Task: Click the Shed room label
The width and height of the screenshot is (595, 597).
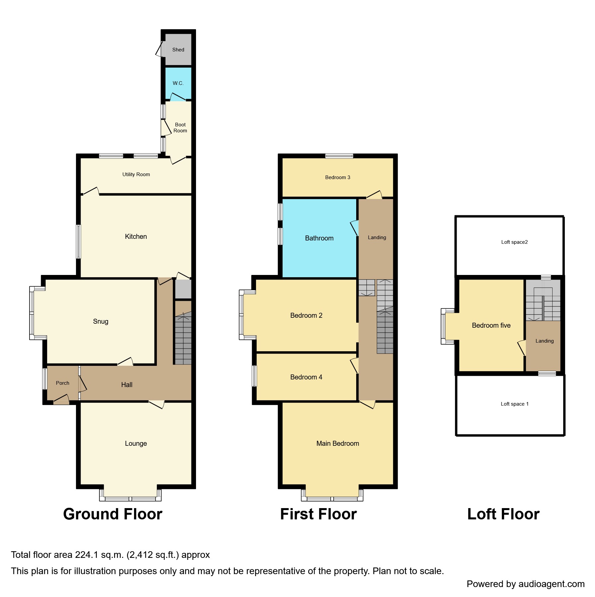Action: click(178, 50)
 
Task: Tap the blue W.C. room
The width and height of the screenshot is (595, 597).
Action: click(178, 83)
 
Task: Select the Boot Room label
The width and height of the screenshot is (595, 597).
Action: click(180, 128)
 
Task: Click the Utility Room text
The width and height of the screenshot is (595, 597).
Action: click(136, 174)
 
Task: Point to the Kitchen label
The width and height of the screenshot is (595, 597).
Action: click(136, 236)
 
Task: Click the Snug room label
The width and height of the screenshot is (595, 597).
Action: click(100, 321)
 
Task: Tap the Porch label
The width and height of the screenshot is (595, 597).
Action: click(62, 383)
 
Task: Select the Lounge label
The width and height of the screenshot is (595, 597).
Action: click(136, 443)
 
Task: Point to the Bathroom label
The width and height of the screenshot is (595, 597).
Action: click(319, 238)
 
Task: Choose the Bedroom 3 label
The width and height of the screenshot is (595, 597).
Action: click(338, 177)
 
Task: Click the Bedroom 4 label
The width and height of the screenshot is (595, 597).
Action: click(306, 377)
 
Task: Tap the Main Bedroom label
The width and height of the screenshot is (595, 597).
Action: click(338, 443)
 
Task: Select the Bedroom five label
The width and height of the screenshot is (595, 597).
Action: click(491, 325)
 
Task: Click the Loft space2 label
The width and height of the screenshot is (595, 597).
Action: click(514, 242)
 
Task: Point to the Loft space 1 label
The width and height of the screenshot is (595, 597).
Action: click(514, 404)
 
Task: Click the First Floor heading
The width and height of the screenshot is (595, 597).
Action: click(318, 514)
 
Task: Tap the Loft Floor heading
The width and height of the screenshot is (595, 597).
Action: click(503, 514)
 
